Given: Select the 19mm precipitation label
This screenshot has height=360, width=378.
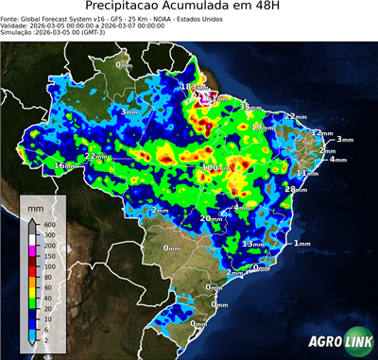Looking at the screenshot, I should (x=262, y=126).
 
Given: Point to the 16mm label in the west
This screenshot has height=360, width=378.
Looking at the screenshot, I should (x=63, y=164).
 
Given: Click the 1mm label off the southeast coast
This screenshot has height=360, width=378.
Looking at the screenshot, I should (x=301, y=243).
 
